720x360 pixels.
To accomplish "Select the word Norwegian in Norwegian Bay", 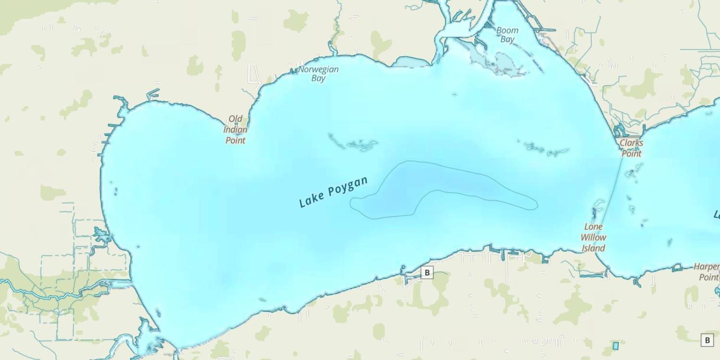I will click(x=318, y=70).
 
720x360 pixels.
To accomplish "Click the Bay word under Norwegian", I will click(x=318, y=79).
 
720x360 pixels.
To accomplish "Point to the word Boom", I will click(x=507, y=30).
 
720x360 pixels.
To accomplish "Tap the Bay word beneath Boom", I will click(x=507, y=39).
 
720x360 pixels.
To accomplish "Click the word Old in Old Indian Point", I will click(x=235, y=119).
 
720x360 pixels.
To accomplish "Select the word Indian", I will click(x=235, y=130).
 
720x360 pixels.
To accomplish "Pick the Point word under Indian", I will click(x=235, y=140).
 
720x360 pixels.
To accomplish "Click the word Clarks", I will click(x=631, y=143).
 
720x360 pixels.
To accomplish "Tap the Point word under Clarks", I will click(x=631, y=154).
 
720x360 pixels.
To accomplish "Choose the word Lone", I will click(x=593, y=227).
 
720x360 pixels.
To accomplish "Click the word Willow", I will click(x=593, y=237).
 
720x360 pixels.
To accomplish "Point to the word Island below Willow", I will click(x=593, y=248).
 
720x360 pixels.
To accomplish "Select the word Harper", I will click(x=707, y=267).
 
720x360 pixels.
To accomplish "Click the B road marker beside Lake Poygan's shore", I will click(x=427, y=273).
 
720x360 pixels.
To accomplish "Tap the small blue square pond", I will click(x=615, y=346).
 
